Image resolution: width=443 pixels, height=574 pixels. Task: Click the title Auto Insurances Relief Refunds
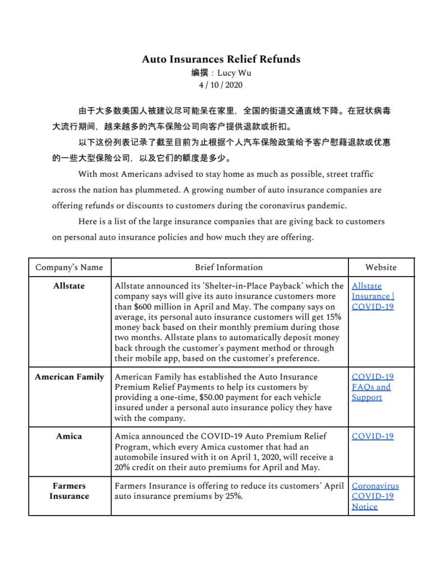221,59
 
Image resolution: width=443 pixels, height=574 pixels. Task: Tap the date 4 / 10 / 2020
221,85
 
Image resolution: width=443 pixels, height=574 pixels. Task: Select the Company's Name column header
69,267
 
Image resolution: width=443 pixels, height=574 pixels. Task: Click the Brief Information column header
229,267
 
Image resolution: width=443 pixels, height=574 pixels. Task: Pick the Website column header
381,267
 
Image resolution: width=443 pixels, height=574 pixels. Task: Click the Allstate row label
69,286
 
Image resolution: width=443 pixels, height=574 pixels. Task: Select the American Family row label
69,376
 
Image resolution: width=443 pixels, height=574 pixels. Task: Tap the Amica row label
69,436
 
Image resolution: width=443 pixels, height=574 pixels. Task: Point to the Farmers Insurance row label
69,491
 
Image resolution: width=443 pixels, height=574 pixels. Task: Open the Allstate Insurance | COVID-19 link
372,296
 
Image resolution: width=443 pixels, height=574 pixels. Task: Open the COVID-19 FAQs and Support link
372,387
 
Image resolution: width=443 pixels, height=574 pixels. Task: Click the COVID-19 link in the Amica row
372,437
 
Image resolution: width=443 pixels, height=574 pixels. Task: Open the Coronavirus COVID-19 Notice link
375,496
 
